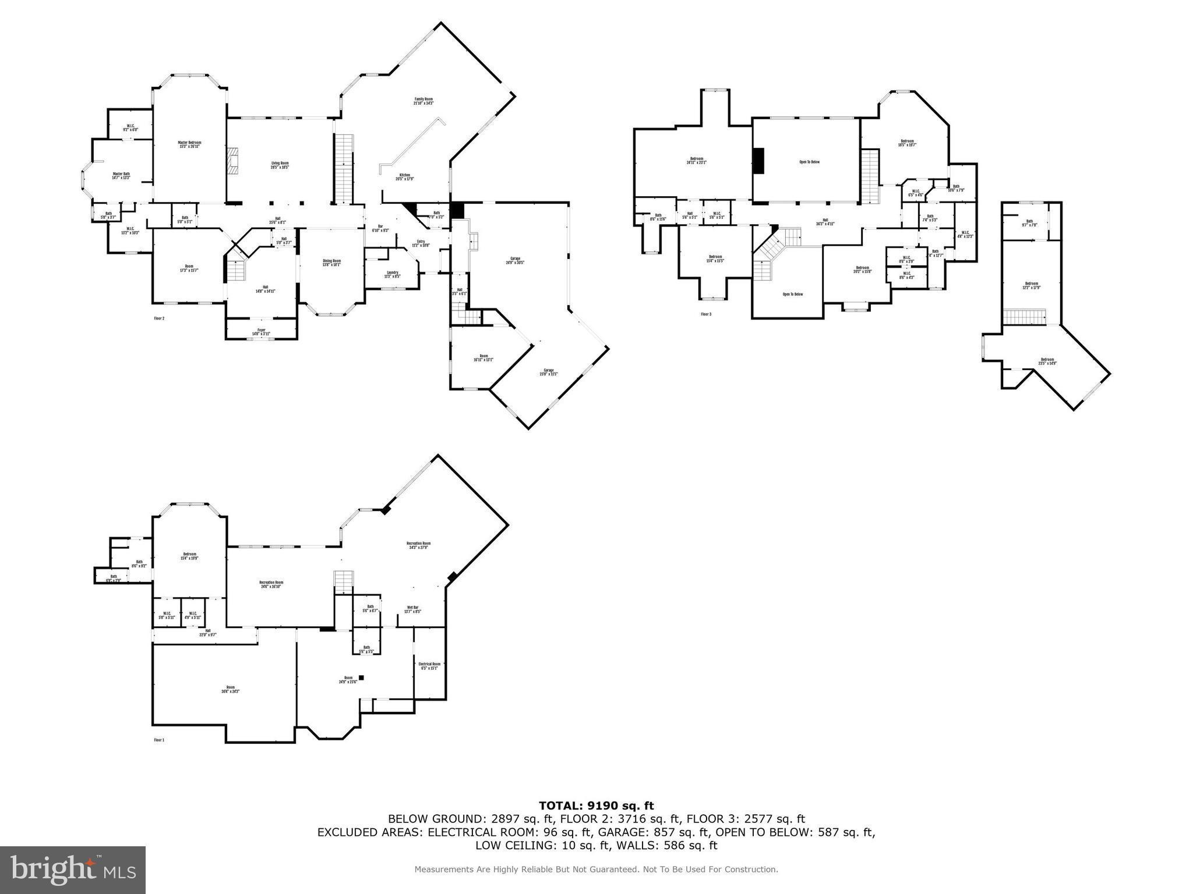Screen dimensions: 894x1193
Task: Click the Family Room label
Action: tap(423, 101)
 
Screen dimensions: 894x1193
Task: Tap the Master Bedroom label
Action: tap(189, 144)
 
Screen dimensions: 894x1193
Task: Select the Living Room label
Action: tap(280, 165)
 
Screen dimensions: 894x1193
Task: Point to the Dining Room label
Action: tap(332, 262)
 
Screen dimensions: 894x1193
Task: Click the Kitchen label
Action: tap(405, 177)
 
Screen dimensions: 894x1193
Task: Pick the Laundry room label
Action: tap(392, 274)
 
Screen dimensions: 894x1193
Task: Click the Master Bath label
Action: tap(121, 176)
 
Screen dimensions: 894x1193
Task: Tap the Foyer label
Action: tap(262, 332)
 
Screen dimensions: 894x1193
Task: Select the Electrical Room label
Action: tap(429, 666)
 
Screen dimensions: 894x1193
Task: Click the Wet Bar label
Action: tap(412, 609)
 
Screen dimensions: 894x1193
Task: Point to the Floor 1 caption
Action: tap(159, 740)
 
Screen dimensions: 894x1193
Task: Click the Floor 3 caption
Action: tap(706, 314)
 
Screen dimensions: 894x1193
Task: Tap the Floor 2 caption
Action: tap(159, 318)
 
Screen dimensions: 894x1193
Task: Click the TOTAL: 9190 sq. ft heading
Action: tap(596, 806)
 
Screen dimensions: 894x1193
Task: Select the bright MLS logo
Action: tap(73, 870)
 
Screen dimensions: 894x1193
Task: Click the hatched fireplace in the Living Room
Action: tap(233, 161)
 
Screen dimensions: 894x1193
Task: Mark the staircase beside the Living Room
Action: tap(344, 169)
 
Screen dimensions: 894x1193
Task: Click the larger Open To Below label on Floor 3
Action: tap(809, 162)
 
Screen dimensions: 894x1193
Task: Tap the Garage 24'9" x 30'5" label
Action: tap(515, 260)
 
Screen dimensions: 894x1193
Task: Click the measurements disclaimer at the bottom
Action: tap(596, 870)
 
